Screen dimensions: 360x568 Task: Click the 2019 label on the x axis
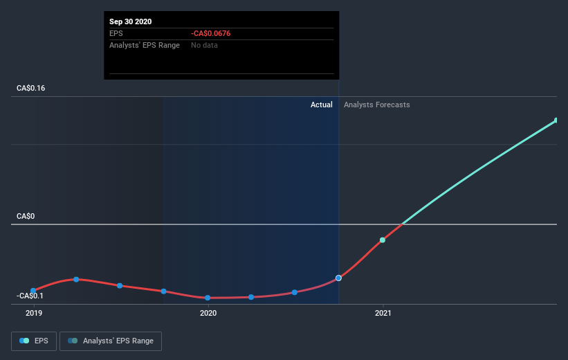click(x=33, y=313)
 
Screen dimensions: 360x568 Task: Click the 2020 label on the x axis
click(x=208, y=313)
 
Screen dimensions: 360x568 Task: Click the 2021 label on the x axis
click(x=383, y=313)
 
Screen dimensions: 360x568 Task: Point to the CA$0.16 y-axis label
click(x=33, y=89)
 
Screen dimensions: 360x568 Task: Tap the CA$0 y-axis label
click(x=26, y=216)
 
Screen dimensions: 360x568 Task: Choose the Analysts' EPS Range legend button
click(x=111, y=341)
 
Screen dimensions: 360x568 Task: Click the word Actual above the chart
click(x=322, y=105)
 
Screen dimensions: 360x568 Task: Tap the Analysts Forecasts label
click(x=376, y=105)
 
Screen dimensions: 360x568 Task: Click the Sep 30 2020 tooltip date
click(x=130, y=21)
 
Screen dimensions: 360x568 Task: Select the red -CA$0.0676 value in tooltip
click(x=215, y=33)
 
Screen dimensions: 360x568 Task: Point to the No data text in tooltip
click(x=205, y=45)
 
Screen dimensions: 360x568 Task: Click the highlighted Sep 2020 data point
click(x=338, y=278)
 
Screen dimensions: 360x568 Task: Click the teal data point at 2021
click(x=383, y=240)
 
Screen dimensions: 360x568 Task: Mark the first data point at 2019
click(x=33, y=291)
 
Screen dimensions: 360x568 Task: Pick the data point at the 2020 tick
click(x=208, y=298)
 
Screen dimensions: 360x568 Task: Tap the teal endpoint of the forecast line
click(x=556, y=120)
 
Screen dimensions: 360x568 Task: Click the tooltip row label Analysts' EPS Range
click(x=145, y=45)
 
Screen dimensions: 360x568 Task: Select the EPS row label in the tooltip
click(x=116, y=33)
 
